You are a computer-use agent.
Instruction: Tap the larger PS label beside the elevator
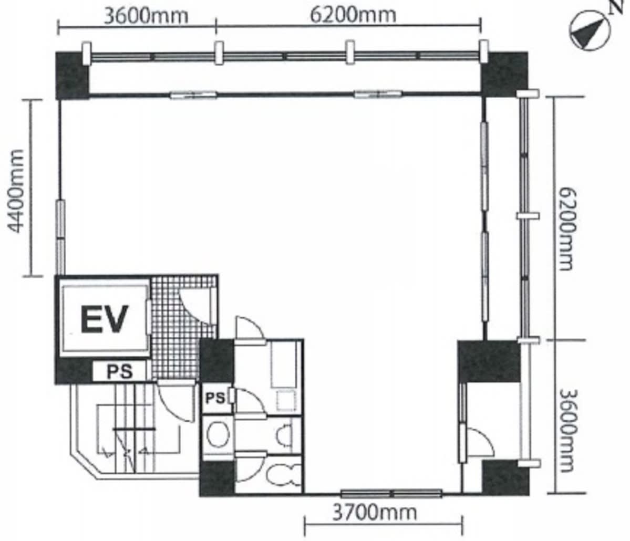point(119,371)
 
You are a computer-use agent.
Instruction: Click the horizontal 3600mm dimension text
point(146,16)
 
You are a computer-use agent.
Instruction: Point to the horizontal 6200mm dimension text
point(353,15)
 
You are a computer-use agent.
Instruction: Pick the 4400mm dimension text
point(16,191)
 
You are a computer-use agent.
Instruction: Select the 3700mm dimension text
point(375,513)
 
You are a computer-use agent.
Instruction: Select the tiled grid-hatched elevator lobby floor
point(183,327)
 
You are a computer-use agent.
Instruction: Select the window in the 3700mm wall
point(391,494)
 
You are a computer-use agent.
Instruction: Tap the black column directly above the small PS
point(216,361)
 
